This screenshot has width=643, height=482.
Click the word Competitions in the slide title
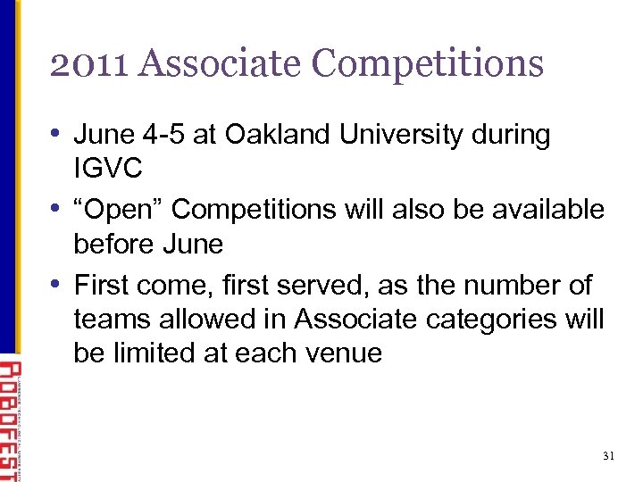tap(428, 63)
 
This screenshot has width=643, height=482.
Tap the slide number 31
tap(609, 456)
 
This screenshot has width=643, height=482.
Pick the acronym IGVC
tap(110, 169)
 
